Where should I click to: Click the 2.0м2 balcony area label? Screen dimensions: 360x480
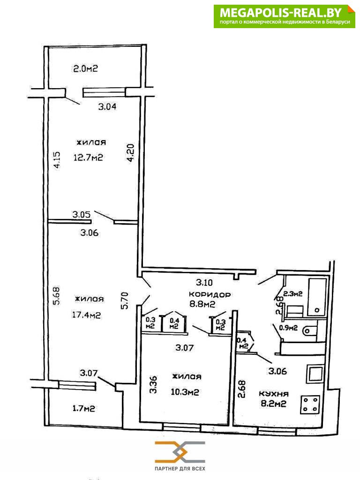coord(85,68)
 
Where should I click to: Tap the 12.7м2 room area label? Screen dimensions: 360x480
coord(88,157)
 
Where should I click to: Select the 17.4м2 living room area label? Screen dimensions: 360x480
coord(86,315)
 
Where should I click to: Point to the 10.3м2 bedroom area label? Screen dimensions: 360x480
coord(185,391)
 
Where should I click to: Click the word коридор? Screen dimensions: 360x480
coord(210,294)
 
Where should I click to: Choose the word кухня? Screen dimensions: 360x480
coord(274,394)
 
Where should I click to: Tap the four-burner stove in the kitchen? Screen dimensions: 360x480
coord(311,405)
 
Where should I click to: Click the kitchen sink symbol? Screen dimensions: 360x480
coord(315,374)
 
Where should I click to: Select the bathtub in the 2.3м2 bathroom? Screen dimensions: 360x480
coord(317,297)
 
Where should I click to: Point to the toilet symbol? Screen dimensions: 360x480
coord(309,330)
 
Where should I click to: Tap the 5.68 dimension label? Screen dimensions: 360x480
coord(57,295)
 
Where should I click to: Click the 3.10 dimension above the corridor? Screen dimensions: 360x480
coord(204,282)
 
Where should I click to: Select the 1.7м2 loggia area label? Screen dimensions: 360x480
coord(83,408)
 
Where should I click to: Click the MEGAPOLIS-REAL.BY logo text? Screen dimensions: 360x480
coord(281,13)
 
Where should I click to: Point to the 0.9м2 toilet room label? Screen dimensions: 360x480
coord(288,328)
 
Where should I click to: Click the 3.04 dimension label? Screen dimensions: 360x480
coord(107,106)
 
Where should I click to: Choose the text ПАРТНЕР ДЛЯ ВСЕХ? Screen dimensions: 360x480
coord(180,469)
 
